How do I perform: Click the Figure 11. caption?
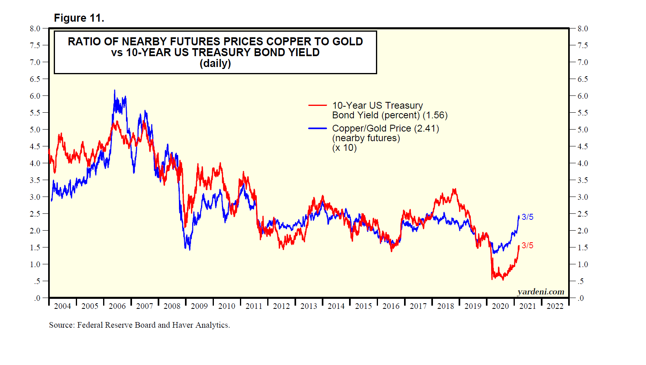click(79, 18)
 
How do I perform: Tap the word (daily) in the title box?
click(215, 63)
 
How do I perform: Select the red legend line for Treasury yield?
click(317, 105)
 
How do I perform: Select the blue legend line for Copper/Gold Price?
click(317, 128)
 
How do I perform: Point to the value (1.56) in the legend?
click(435, 116)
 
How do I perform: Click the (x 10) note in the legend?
click(344, 148)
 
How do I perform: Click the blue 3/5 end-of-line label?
click(527, 217)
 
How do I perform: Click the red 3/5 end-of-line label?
click(527, 245)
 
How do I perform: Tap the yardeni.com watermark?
click(540, 292)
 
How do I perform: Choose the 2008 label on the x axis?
click(172, 306)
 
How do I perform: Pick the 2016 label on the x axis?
click(391, 306)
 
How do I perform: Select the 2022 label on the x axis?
click(555, 306)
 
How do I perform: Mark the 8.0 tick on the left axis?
click(35, 29)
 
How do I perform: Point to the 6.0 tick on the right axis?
click(583, 96)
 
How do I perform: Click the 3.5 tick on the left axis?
click(35, 180)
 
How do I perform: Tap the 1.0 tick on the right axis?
click(583, 265)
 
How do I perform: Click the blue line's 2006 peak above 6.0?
click(114, 91)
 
